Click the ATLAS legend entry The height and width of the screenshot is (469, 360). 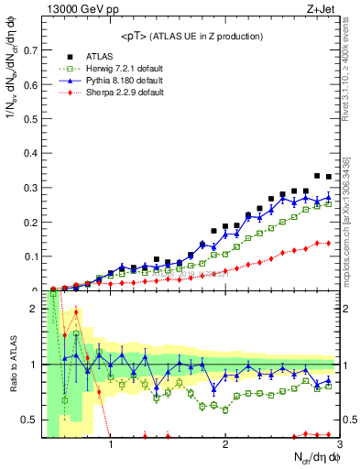click(92, 55)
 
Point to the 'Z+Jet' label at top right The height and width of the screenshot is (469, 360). click(323, 10)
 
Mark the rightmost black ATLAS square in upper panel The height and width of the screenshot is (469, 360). click(329, 177)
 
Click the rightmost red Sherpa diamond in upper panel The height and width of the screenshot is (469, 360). click(329, 243)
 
